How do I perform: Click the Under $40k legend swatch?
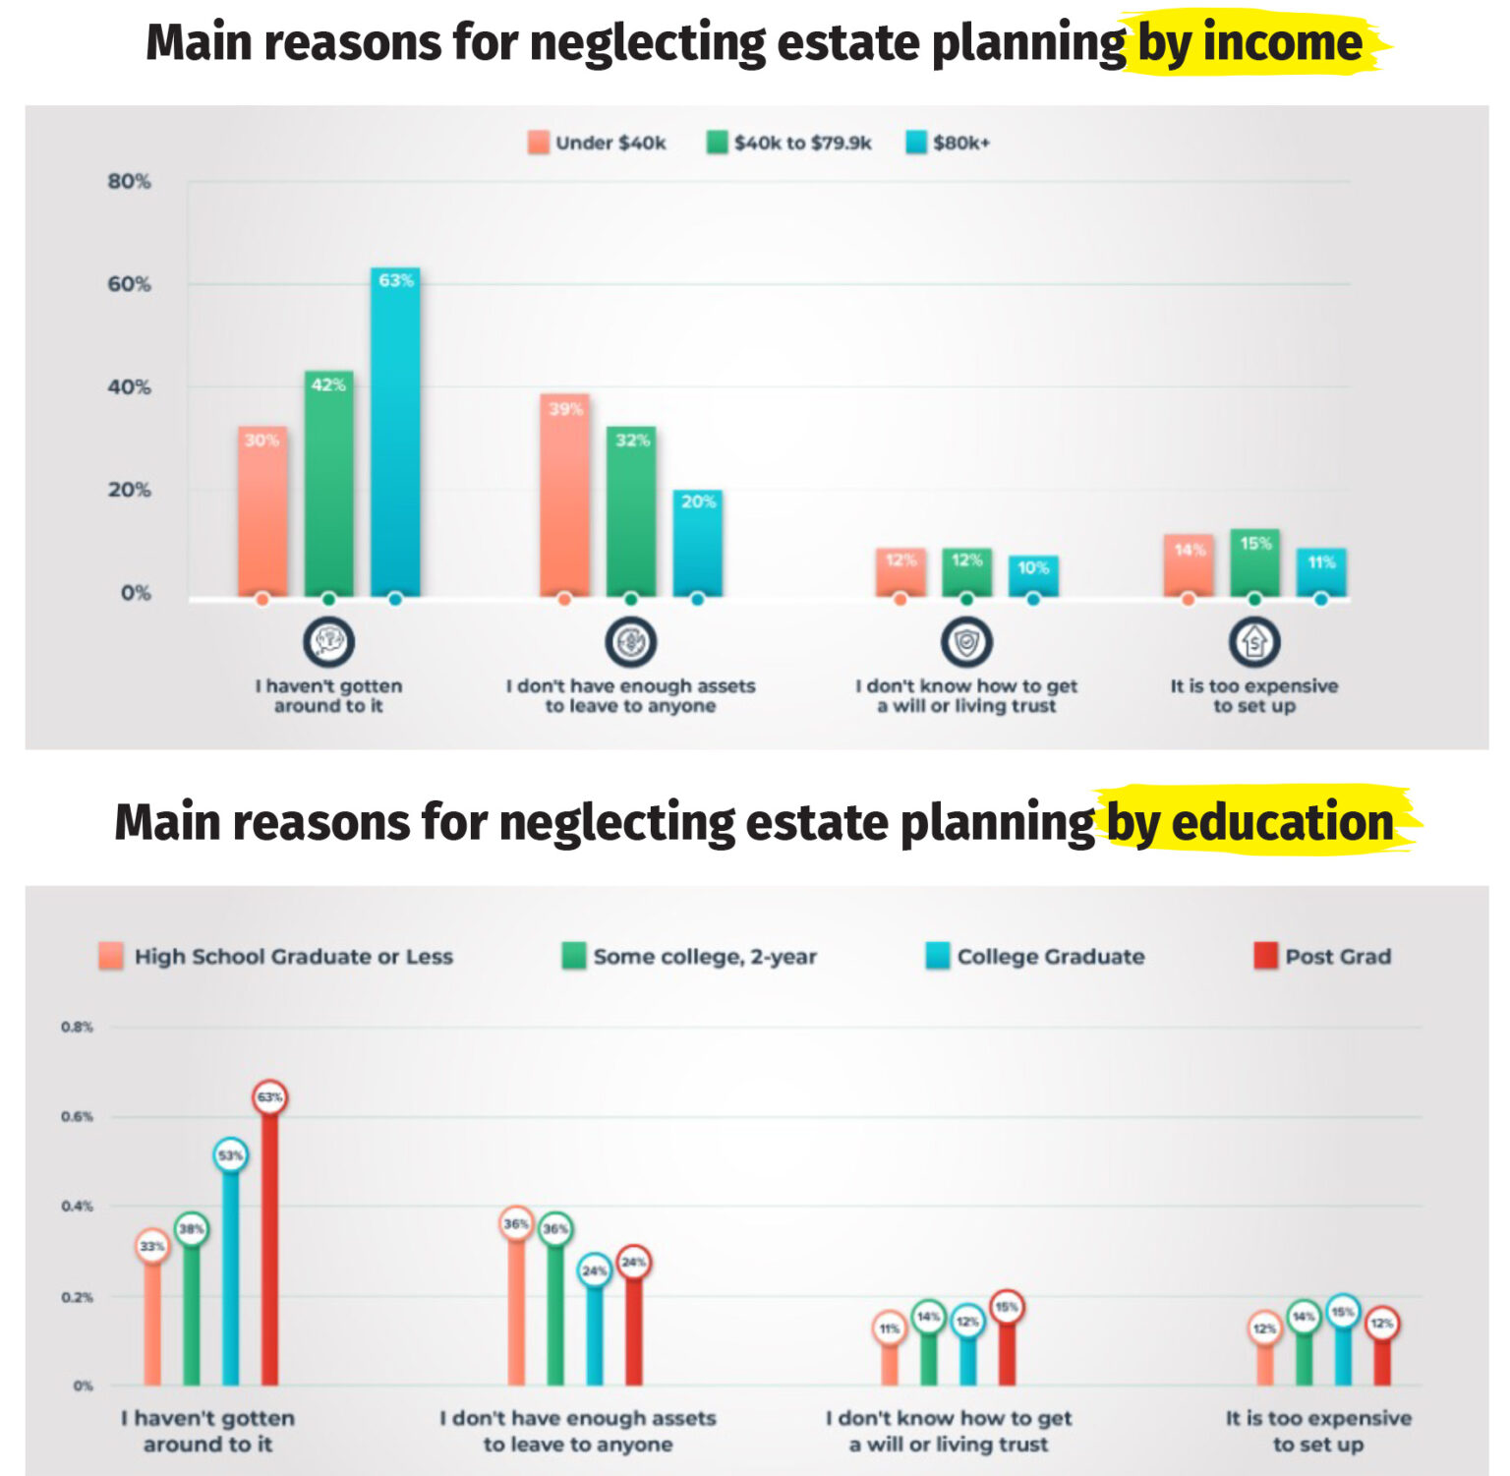click(x=538, y=143)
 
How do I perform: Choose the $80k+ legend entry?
click(x=949, y=143)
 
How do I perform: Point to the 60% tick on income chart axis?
click(x=130, y=284)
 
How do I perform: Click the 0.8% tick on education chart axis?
click(x=77, y=1027)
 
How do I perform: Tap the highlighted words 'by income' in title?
click(x=1249, y=43)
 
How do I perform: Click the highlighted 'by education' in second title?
click(x=1250, y=822)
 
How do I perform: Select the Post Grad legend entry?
click(x=1323, y=956)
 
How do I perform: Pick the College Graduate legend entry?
click(x=1036, y=956)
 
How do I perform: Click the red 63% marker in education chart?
click(x=269, y=1097)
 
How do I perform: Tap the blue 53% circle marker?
click(x=230, y=1155)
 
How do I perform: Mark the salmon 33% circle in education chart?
click(x=151, y=1246)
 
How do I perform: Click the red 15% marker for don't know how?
click(x=1007, y=1307)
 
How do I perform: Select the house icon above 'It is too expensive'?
click(x=1254, y=642)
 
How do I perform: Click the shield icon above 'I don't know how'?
click(x=966, y=642)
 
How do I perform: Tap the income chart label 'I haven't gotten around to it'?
click(x=328, y=695)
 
